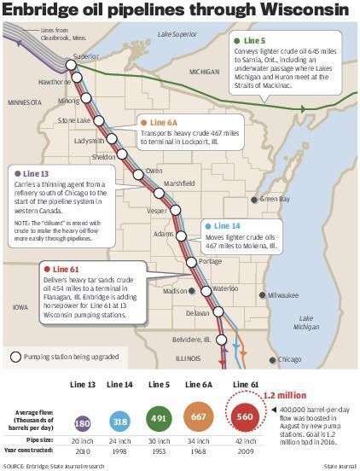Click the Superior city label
(86, 56)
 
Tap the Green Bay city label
(275, 199)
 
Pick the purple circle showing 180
(83, 422)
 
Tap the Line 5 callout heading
(254, 41)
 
